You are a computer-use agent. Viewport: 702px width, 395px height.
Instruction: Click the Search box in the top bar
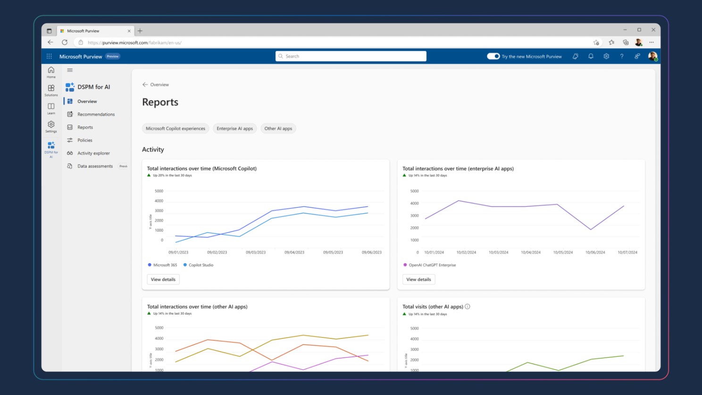tap(351, 56)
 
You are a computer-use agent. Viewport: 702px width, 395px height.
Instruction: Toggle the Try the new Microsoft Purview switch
tap(493, 56)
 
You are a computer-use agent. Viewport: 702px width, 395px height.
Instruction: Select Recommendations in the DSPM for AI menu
tap(96, 114)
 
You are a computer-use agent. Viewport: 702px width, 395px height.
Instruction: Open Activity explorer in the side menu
tap(93, 153)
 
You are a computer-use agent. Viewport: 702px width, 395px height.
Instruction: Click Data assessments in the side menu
tap(95, 166)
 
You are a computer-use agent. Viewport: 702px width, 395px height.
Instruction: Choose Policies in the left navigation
tap(85, 140)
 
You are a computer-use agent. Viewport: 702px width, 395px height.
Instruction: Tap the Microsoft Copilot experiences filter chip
tap(175, 128)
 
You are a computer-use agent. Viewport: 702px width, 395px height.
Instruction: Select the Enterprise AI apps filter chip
tap(234, 128)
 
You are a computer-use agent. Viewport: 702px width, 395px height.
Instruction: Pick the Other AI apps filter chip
tap(278, 128)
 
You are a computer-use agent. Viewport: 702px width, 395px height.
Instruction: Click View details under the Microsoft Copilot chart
tap(163, 279)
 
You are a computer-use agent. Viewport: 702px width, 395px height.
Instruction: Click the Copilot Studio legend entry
tap(201, 265)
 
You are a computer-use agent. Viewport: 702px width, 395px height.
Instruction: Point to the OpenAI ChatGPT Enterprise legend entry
tap(432, 265)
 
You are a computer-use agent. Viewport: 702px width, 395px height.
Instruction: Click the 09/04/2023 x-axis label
tap(294, 252)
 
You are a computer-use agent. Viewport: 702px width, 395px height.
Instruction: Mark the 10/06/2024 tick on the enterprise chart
tap(595, 252)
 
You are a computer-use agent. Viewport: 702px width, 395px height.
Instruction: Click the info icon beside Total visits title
tap(468, 307)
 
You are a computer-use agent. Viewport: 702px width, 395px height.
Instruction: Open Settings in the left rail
tap(51, 126)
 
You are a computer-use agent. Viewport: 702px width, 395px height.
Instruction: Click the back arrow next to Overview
tap(145, 85)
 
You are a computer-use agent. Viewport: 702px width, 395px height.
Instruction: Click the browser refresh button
tap(65, 42)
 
